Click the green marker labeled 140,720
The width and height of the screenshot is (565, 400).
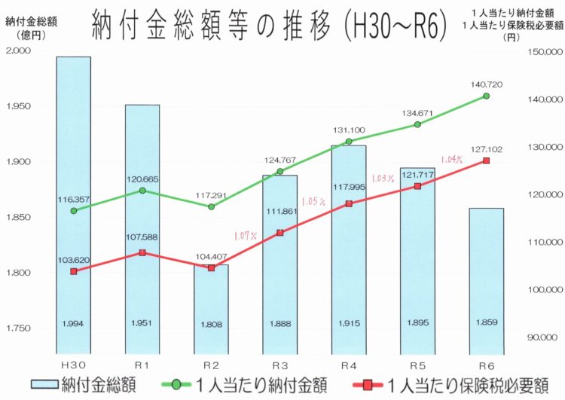point(486,96)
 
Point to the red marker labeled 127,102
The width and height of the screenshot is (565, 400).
point(486,160)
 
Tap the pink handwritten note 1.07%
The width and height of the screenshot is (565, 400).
point(246,236)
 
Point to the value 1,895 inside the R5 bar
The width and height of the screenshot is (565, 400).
point(417,323)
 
